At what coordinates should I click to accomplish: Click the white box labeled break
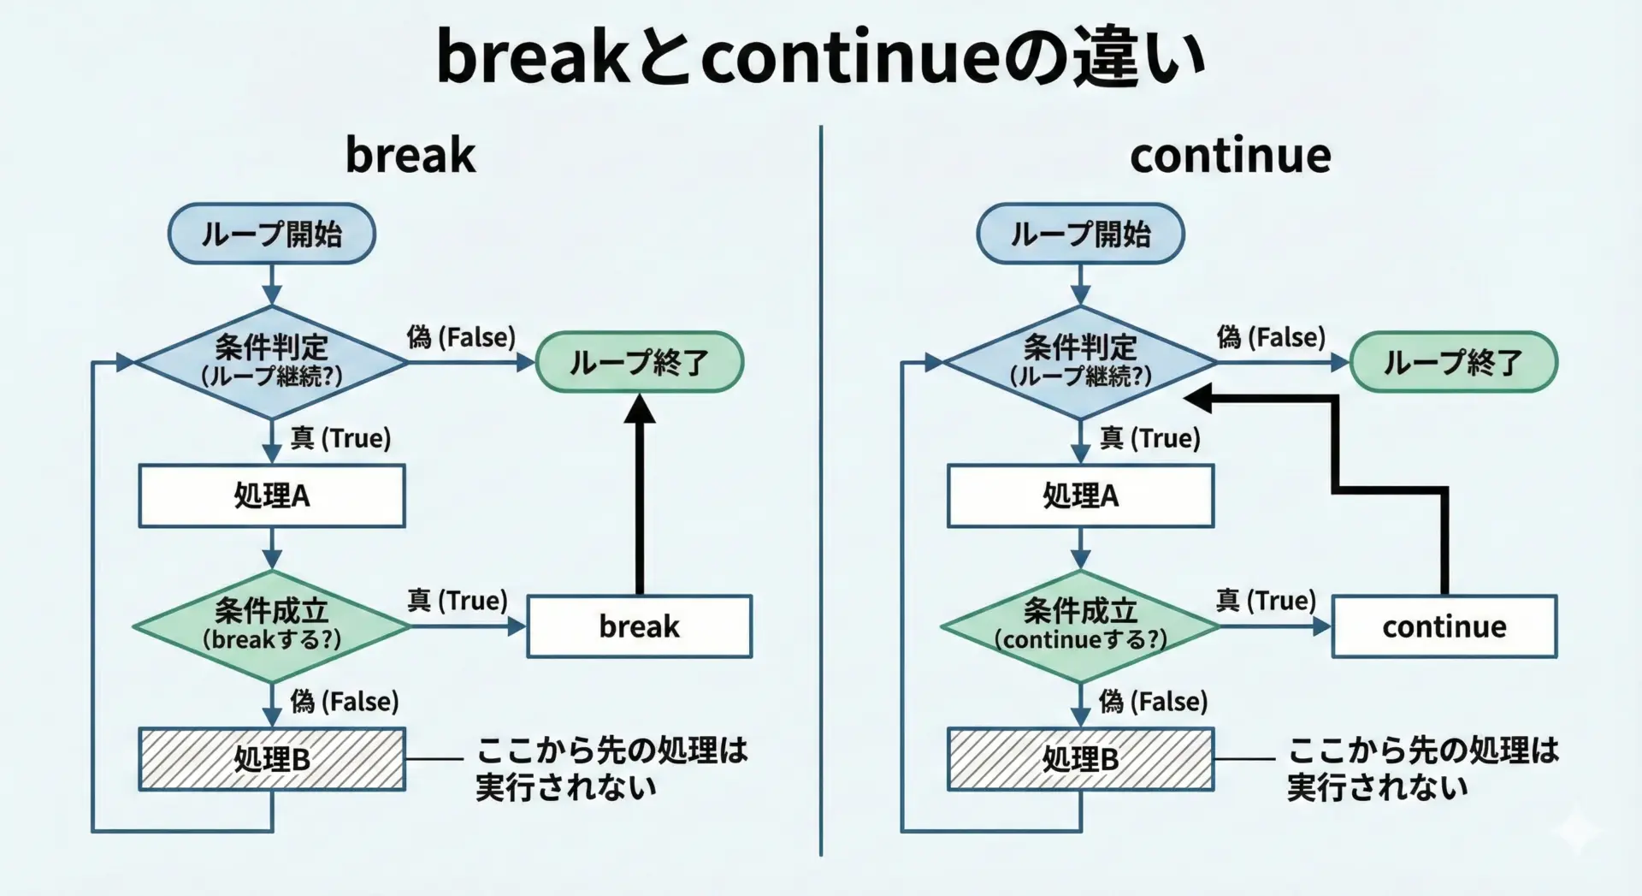click(x=639, y=626)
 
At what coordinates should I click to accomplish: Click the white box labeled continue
click(x=1444, y=626)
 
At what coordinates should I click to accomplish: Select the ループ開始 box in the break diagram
click(x=271, y=234)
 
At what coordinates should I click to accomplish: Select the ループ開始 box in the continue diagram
click(x=1080, y=234)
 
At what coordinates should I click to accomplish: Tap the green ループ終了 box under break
click(x=639, y=362)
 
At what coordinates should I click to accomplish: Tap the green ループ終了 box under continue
click(x=1453, y=362)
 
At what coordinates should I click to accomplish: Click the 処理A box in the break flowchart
click(x=271, y=495)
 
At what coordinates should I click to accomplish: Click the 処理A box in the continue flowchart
click(x=1080, y=495)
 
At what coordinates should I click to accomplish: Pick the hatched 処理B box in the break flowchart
click(x=271, y=759)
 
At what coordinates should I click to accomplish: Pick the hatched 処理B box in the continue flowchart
click(x=1080, y=759)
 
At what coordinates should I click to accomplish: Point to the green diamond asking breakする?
click(x=271, y=626)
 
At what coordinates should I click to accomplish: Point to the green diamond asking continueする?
click(x=1080, y=626)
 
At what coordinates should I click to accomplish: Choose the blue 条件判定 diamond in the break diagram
click(x=271, y=362)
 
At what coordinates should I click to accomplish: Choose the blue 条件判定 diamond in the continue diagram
click(x=1080, y=362)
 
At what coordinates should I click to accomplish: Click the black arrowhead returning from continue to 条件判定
click(x=1200, y=398)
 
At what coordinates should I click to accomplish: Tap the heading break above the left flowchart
click(x=410, y=156)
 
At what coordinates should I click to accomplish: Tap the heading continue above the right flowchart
click(x=1230, y=156)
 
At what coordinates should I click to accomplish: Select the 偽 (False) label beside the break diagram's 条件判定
click(x=461, y=337)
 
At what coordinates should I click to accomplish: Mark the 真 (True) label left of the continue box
click(x=1266, y=601)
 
